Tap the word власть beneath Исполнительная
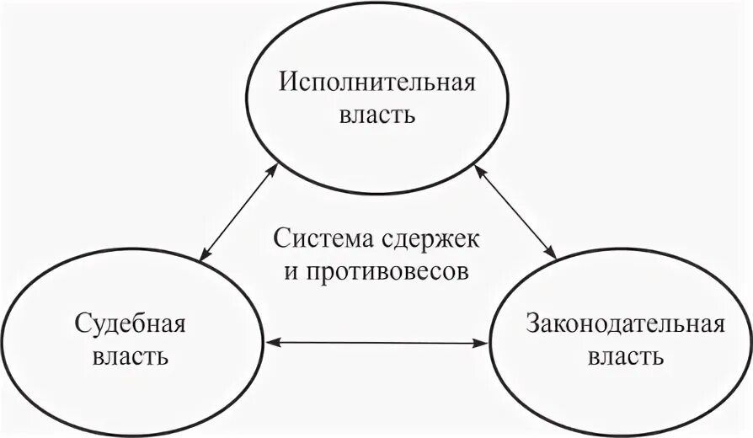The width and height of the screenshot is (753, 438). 377,115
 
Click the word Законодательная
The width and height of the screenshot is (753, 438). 624,323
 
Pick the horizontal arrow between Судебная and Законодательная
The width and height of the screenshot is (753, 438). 376,342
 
